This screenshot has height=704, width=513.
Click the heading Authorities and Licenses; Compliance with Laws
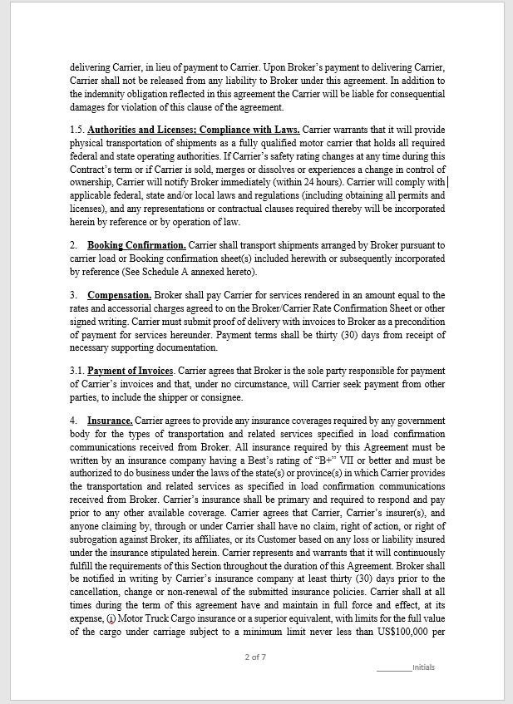[x=193, y=130]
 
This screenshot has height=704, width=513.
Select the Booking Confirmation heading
[x=136, y=245]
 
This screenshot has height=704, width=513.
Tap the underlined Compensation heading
[x=119, y=295]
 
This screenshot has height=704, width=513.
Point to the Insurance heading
[x=110, y=421]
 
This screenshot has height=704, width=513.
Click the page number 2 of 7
[x=255, y=657]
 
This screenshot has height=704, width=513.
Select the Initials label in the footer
[x=423, y=667]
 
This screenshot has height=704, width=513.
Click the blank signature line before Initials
[x=393, y=667]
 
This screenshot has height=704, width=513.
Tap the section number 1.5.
[x=77, y=130]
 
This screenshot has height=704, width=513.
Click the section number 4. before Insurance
[x=74, y=421]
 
